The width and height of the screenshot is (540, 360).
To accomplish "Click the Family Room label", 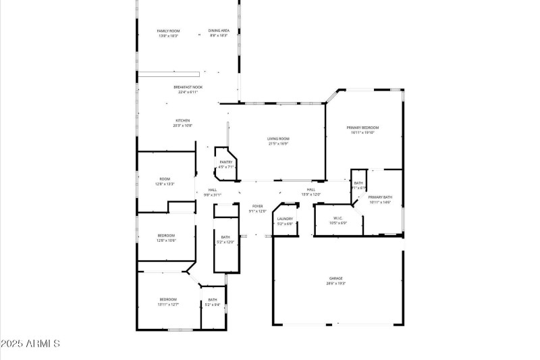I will point(169,31).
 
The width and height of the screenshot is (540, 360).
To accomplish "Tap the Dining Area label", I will point(218,30).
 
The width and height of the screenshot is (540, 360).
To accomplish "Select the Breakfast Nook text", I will point(188,87).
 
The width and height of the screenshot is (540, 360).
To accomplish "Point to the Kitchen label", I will point(183,120).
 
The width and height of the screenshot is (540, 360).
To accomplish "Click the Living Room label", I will point(278,138).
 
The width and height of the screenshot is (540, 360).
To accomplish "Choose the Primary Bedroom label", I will point(362,128).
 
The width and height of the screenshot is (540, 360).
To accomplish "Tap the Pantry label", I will point(226,162).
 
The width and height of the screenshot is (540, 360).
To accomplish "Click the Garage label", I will point(335,278).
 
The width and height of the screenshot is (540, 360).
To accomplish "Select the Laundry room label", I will point(285,219).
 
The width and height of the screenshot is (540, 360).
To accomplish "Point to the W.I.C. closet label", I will point(339,218).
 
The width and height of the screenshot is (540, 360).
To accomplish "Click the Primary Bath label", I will point(380,197).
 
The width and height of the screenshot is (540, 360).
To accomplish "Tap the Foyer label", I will point(258,206).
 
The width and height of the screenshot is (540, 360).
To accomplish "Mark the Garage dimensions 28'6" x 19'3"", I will point(335,284).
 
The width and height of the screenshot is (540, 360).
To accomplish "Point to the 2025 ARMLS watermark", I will point(31,344).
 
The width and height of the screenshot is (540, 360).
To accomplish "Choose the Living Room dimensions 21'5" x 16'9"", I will point(278,144).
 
